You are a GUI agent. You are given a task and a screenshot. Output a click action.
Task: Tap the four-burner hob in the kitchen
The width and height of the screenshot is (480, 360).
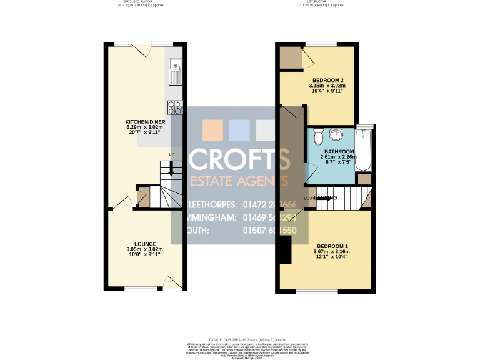tap(174, 108)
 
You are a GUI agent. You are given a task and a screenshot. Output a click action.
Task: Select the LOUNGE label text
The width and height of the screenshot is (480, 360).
tap(145, 244)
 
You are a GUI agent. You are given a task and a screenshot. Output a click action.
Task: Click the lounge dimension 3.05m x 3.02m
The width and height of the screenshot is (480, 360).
tap(145, 249)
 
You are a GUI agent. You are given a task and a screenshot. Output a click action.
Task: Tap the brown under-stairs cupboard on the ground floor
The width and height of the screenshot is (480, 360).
tap(143, 197)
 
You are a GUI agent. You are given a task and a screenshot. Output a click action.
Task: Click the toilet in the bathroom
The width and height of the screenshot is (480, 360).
tap(317, 136)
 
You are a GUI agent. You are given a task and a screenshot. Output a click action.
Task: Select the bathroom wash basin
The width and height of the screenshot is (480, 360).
tap(337, 134)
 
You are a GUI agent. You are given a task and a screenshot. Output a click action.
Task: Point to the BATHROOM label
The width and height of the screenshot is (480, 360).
tap(338, 152)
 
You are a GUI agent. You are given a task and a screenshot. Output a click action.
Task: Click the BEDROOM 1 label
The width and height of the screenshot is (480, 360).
tap(331, 246)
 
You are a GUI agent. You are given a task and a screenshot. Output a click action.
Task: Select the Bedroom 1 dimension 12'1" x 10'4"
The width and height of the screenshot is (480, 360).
tap(331, 257)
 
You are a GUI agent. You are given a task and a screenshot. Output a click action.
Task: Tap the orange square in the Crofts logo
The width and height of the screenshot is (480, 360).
tap(212, 129)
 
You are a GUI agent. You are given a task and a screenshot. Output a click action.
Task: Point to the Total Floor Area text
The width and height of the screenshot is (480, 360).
tap(239, 338)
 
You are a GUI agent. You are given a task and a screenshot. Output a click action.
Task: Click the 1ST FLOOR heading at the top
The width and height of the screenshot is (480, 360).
tap(321, 2)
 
